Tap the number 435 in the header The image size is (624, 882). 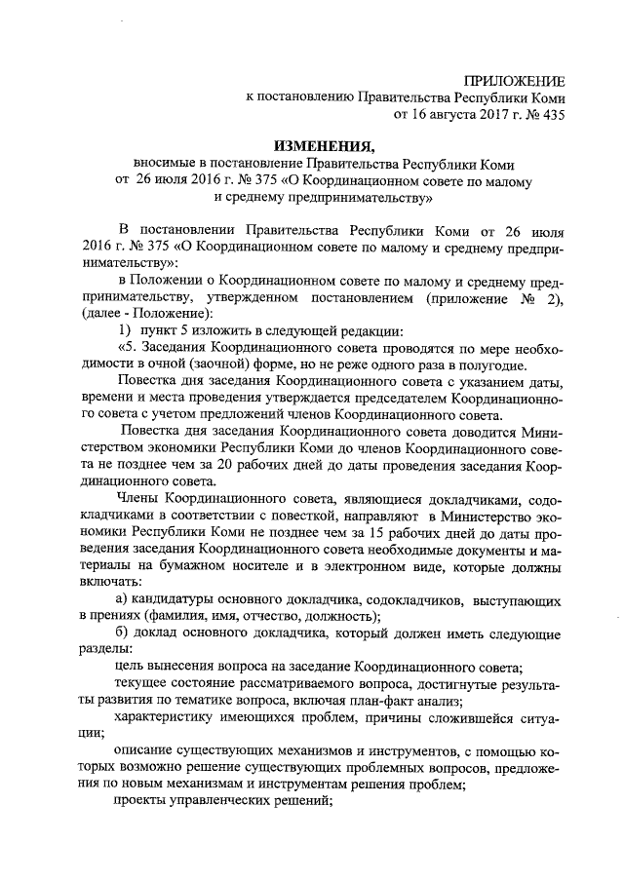coord(549,114)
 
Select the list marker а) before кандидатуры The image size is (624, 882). coord(122,598)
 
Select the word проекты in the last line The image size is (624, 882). coord(144,802)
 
